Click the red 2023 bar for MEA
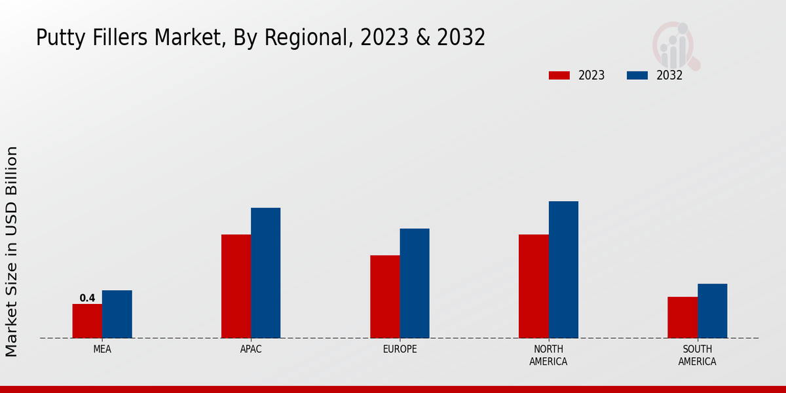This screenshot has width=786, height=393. coord(87,321)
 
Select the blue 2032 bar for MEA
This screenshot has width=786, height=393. coord(117,314)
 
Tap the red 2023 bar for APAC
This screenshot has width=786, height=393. coord(236,286)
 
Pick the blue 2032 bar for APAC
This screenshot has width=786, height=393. coord(265,273)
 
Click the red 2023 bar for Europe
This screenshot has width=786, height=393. coord(384,297)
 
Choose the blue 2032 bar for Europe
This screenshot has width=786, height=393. coord(415,283)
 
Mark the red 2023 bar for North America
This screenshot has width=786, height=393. coord(533,286)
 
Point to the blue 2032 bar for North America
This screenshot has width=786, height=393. coord(563,270)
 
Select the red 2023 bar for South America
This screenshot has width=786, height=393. coord(683,318)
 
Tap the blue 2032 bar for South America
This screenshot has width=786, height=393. coord(712,311)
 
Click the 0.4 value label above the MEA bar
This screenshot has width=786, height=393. coord(87,298)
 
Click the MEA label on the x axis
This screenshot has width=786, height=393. coord(102,349)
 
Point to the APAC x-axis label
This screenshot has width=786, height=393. coord(251,349)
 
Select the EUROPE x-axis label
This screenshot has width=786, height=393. coord(400,349)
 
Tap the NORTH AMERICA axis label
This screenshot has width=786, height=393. coord(548,355)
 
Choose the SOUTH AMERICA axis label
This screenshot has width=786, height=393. coord(697,355)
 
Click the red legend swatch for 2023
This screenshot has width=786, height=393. coord(559,75)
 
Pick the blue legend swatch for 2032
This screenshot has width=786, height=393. coord(637,75)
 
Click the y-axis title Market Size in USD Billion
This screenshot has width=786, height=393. coord(12,252)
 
